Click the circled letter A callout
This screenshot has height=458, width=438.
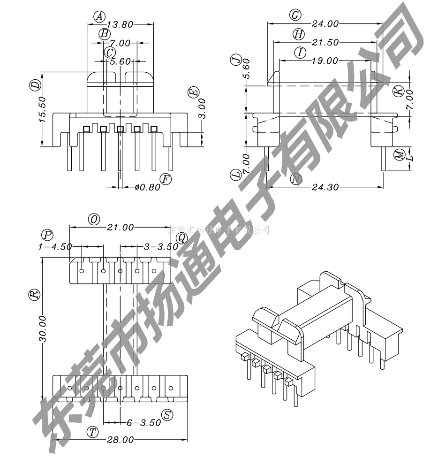[x=99, y=16]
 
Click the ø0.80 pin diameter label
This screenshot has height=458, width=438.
[x=147, y=187]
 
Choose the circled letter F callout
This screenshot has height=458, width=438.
[x=166, y=179]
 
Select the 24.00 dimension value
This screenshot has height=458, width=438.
[x=325, y=23]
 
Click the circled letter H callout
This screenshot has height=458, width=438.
[x=298, y=34]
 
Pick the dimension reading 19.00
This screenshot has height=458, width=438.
[x=325, y=61]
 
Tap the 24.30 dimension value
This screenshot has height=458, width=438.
[x=325, y=187]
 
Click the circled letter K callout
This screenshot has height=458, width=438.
[x=398, y=91]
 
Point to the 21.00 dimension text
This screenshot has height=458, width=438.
[x=121, y=228]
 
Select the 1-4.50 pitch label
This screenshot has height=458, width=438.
[x=55, y=246]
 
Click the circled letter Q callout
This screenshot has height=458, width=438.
[x=182, y=238]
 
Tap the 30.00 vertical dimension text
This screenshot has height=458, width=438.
[x=42, y=328]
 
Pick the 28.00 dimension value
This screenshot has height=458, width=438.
[x=121, y=440]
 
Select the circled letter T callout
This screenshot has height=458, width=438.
[x=94, y=432]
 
